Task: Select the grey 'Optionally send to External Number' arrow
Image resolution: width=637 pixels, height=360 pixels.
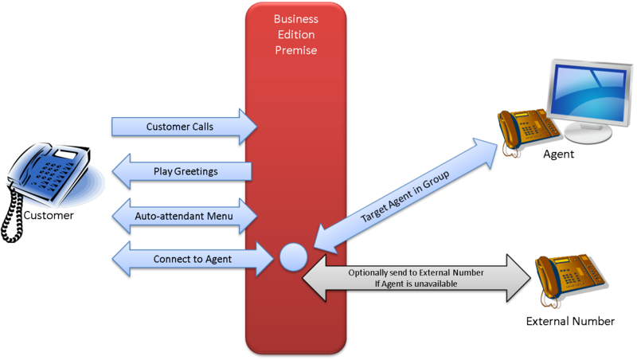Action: click(414, 278)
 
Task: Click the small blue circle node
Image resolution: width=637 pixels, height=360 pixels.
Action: click(292, 257)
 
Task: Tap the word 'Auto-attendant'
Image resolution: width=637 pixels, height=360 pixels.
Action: click(172, 215)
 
